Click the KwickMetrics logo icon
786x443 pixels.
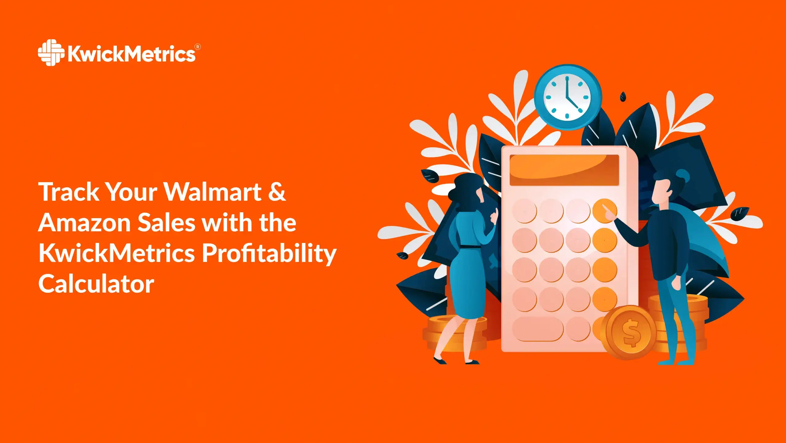51,53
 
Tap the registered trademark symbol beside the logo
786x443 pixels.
198,47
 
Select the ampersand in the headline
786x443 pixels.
277,192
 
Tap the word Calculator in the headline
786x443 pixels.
96,284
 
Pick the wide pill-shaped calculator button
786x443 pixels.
538,329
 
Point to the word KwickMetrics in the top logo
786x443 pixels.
131,54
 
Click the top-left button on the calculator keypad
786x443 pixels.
524,211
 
